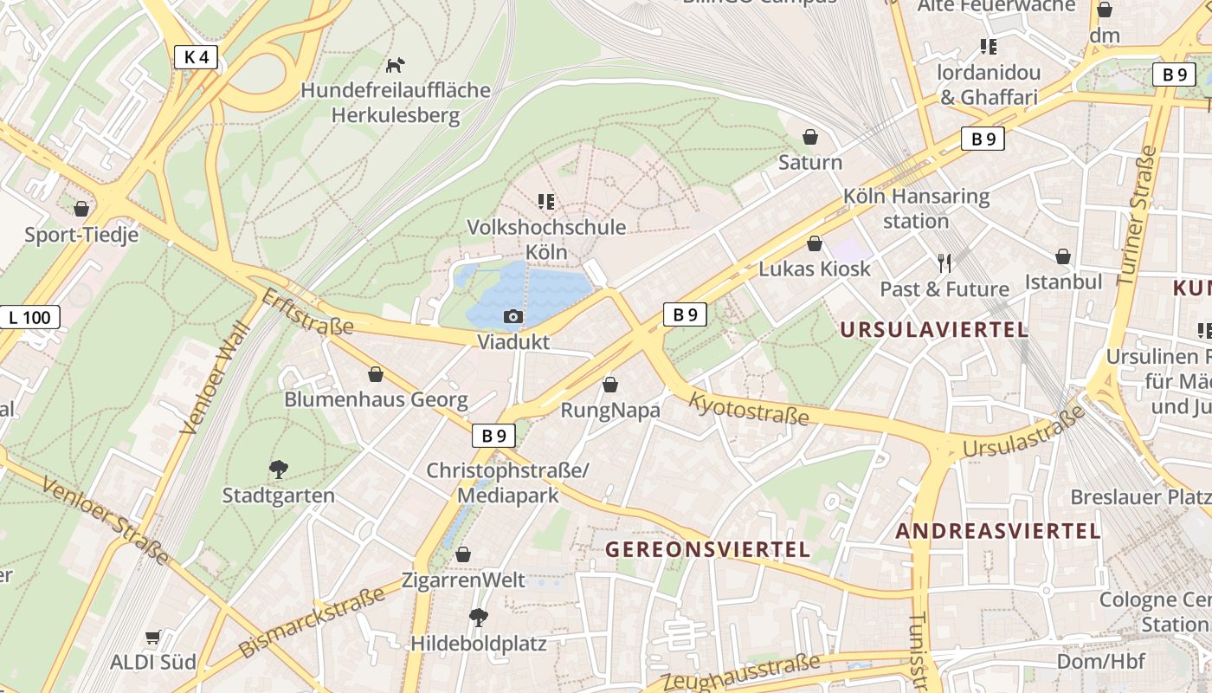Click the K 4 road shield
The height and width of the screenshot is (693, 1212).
(x=197, y=57)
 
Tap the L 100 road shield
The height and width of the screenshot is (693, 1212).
(x=29, y=317)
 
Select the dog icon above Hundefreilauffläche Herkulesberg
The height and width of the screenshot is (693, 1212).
(x=396, y=65)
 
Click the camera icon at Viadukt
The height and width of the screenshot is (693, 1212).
(x=513, y=317)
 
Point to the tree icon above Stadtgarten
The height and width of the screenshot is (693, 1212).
(x=278, y=470)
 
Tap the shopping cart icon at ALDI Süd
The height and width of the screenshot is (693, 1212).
(x=153, y=638)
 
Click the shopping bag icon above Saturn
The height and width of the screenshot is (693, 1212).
(x=810, y=137)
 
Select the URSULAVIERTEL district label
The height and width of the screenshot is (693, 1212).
(x=934, y=329)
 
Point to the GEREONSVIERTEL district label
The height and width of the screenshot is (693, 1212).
(x=707, y=549)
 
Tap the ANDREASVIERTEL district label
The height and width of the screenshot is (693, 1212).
(x=998, y=531)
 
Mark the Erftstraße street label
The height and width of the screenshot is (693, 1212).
(x=307, y=312)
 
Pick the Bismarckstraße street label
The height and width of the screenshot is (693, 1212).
(x=312, y=622)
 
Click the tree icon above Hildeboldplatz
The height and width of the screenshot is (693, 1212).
(x=478, y=618)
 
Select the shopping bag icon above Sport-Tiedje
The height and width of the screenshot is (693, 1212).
(x=81, y=209)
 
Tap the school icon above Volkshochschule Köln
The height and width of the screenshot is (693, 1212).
(x=546, y=202)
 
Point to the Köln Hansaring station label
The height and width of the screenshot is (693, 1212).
(x=917, y=208)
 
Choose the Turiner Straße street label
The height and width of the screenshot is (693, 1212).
(x=1137, y=216)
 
